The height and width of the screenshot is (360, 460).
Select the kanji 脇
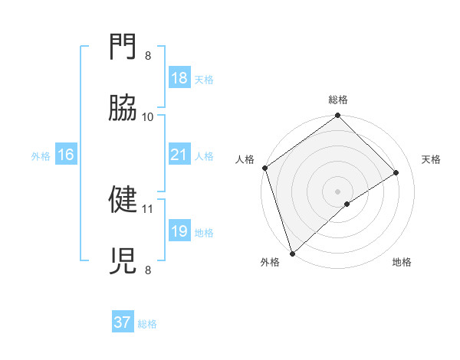pos(123,108)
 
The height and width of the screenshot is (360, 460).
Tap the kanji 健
pos(123,200)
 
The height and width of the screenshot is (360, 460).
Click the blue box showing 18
pos(179,78)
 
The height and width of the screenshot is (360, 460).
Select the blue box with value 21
pos(179,155)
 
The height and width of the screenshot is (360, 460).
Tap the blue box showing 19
pos(179,231)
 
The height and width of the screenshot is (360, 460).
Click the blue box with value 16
pos(66,155)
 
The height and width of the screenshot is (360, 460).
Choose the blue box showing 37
pos(123,322)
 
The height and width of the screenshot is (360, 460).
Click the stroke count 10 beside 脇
pos(148,117)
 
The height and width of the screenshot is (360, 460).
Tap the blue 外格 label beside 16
pos(41,155)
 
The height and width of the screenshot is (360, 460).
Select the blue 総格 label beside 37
pos(147,324)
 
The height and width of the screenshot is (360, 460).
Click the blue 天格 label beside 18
pos(204,79)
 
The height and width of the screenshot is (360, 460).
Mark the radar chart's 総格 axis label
pos(338,100)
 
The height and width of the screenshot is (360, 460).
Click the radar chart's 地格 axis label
pos(402,263)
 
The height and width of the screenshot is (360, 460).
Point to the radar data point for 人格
pos(264,168)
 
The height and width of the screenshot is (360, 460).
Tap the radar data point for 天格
pos(396,172)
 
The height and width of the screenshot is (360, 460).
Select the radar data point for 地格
pos(347,204)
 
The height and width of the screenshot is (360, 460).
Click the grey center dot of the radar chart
pos(338,191)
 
